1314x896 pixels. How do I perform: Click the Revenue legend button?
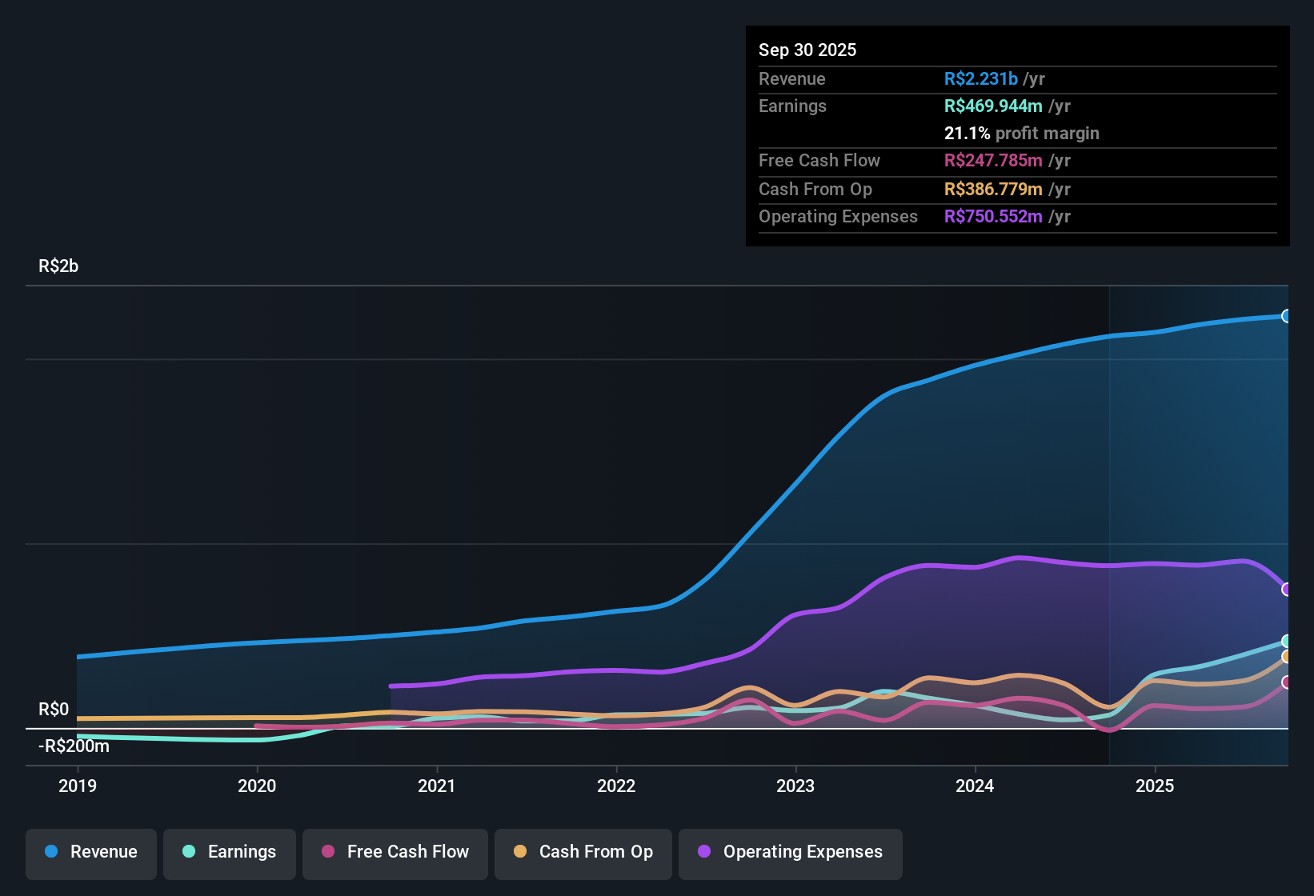click(91, 852)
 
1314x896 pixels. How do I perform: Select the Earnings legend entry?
click(230, 852)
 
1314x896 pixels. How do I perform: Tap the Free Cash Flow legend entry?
click(395, 852)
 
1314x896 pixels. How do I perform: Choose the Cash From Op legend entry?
click(583, 852)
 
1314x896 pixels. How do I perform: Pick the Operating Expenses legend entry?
click(791, 852)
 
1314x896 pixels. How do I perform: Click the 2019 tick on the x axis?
click(78, 786)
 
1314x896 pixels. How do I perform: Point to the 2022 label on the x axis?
click(616, 786)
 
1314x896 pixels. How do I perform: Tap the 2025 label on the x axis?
click(1155, 786)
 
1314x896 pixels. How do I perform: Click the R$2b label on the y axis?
click(58, 266)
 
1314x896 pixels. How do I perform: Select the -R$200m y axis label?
click(74, 746)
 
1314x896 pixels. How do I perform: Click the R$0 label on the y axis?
click(54, 710)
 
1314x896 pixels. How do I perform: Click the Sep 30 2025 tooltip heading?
click(807, 50)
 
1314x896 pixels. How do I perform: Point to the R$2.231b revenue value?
click(981, 79)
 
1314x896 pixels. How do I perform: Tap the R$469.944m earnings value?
click(993, 106)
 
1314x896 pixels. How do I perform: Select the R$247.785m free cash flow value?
click(993, 161)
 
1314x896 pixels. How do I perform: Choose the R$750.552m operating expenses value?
click(993, 217)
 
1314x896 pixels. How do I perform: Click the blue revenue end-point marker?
click(1286, 316)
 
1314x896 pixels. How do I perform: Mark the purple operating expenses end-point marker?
click(1286, 590)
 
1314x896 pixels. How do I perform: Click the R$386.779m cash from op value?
click(993, 190)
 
